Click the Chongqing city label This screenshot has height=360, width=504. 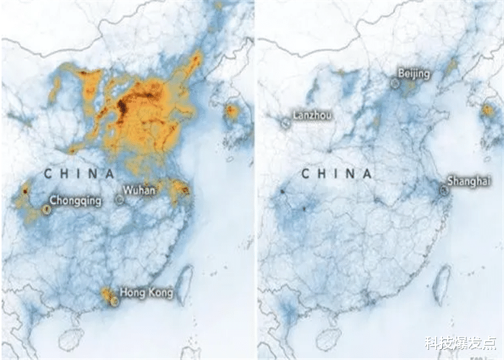(76, 201)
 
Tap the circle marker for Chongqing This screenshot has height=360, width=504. (46, 210)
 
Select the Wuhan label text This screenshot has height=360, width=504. (138, 190)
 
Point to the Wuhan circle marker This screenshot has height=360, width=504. (120, 199)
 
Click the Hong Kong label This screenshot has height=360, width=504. (147, 293)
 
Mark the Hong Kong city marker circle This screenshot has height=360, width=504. (114, 302)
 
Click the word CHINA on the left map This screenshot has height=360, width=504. (79, 174)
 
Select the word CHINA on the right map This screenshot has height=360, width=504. (336, 174)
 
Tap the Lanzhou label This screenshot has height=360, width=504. (312, 114)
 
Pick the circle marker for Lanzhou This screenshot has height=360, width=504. (285, 123)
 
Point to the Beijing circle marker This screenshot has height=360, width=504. (395, 83)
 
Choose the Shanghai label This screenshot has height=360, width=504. (469, 181)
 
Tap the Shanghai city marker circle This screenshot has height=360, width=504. (444, 191)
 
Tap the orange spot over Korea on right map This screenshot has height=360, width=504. (487, 110)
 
